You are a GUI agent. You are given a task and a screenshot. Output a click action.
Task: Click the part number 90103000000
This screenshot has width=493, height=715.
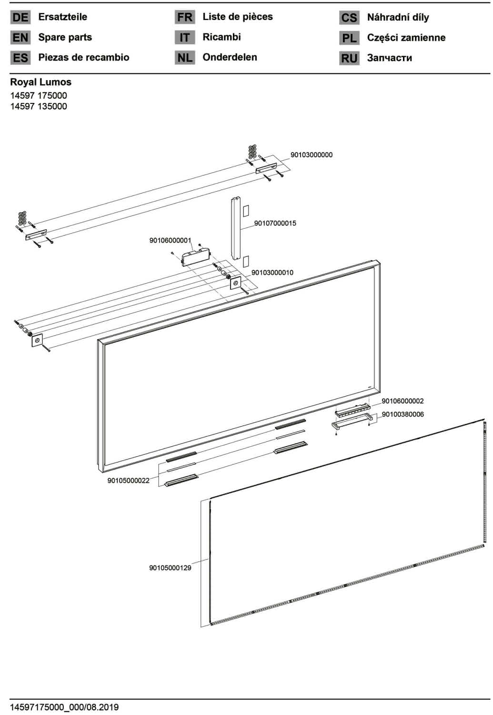click(311, 155)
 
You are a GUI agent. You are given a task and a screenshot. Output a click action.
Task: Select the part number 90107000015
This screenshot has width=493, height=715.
click(275, 223)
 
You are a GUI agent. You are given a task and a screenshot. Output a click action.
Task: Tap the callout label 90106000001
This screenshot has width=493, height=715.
click(170, 240)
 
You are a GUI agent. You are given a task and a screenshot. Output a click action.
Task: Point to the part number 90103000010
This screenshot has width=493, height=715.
click(272, 272)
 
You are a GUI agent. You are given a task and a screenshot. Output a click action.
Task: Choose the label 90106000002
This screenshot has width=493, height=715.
click(402, 401)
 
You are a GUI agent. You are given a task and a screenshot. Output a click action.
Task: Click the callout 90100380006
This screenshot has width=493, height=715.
click(402, 414)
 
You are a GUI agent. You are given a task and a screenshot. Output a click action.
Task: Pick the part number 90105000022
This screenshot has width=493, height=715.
click(128, 480)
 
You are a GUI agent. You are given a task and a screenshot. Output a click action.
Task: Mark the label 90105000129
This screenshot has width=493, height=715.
click(170, 568)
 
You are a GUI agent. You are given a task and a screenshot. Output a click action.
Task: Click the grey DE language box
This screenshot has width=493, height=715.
click(20, 17)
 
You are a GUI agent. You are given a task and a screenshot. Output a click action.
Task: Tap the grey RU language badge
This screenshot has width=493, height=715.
click(349, 58)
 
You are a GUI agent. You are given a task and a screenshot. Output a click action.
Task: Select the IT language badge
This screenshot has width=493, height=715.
click(185, 37)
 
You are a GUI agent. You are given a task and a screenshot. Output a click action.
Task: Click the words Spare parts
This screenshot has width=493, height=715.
click(65, 37)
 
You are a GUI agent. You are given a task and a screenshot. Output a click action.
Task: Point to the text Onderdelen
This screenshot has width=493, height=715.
click(230, 57)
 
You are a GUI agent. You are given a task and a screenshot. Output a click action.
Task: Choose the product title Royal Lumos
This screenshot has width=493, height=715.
click(41, 82)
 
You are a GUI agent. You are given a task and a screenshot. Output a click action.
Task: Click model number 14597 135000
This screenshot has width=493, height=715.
click(39, 106)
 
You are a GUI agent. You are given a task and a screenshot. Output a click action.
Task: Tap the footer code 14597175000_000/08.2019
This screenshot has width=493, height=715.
click(64, 707)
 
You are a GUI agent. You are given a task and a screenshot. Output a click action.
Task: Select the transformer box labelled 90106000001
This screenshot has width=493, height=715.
click(195, 257)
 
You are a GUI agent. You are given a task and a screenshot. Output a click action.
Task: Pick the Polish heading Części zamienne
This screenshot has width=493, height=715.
click(406, 37)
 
